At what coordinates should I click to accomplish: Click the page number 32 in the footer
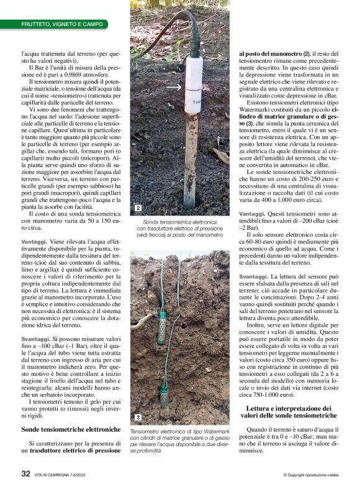coord(25,473)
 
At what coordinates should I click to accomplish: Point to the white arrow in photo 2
coord(175,87)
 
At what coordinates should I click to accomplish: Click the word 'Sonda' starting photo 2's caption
coord(151,221)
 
